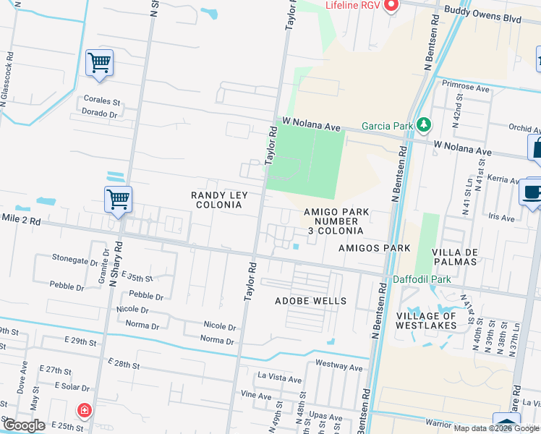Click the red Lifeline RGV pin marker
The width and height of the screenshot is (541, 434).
pyautogui.click(x=391, y=7)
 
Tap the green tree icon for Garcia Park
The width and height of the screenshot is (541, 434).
pyautogui.click(x=424, y=126)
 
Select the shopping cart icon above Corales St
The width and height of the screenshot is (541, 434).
pyautogui.click(x=99, y=62)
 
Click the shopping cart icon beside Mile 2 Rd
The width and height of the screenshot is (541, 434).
pyautogui.click(x=118, y=199)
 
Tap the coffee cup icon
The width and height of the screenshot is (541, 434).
pyautogui.click(x=532, y=193)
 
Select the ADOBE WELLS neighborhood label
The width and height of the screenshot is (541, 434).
pyautogui.click(x=310, y=301)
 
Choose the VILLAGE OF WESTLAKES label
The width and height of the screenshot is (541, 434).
pyautogui.click(x=426, y=320)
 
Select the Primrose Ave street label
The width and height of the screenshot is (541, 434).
pyautogui.click(x=466, y=85)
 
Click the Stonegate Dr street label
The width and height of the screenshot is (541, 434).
pyautogui.click(x=74, y=258)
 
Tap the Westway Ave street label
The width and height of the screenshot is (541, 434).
pyautogui.click(x=339, y=367)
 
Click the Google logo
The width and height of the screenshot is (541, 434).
pyautogui.click(x=24, y=425)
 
